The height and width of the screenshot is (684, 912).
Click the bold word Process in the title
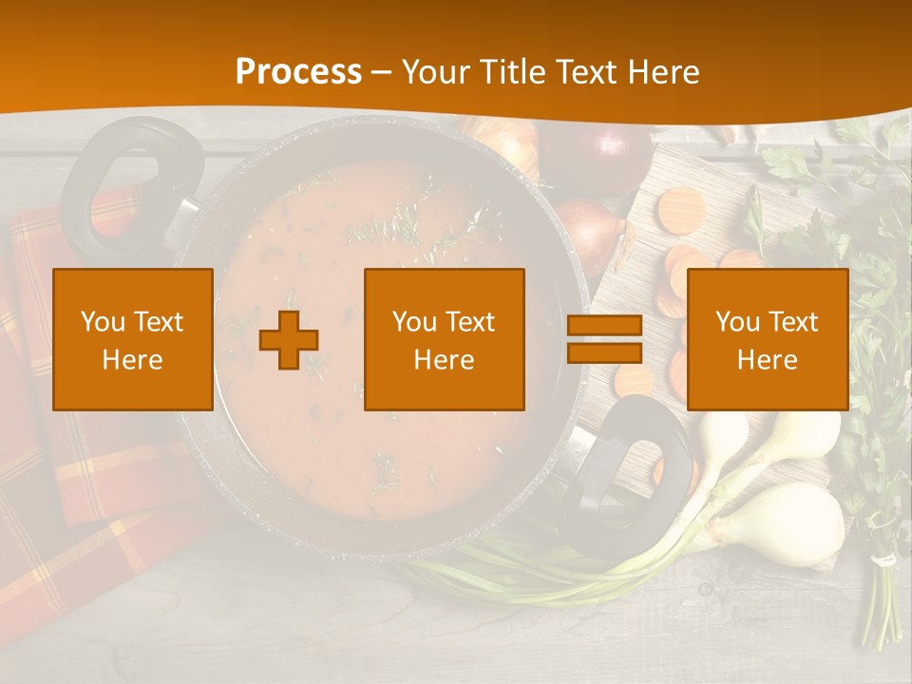298,72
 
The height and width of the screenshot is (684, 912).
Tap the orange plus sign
289,339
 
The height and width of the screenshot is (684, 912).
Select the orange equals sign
604,339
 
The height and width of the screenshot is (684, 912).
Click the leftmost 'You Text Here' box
133,339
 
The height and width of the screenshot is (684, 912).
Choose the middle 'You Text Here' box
445,339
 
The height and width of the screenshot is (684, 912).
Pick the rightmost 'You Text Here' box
767,339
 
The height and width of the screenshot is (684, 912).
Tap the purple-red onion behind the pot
608,152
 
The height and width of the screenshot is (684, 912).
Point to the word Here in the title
664,72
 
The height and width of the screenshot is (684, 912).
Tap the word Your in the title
433,72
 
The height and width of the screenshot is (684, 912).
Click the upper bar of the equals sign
604,326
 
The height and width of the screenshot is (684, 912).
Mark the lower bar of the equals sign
604,352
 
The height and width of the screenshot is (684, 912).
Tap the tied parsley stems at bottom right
883,598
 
